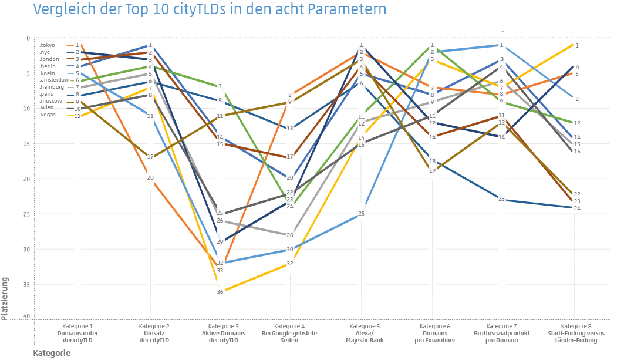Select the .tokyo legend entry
click(48, 45)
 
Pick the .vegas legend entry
click(48, 116)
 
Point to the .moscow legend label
click(51, 102)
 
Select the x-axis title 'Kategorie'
click(52, 353)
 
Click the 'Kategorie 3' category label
click(220, 325)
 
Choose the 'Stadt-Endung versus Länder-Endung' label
click(576, 337)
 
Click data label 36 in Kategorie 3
click(220, 292)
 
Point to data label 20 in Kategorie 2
click(150, 178)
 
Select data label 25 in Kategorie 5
click(362, 214)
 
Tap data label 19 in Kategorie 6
click(432, 171)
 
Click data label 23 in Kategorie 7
click(502, 199)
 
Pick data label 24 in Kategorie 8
click(577, 208)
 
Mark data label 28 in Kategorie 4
click(290, 235)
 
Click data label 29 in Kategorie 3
click(220, 242)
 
